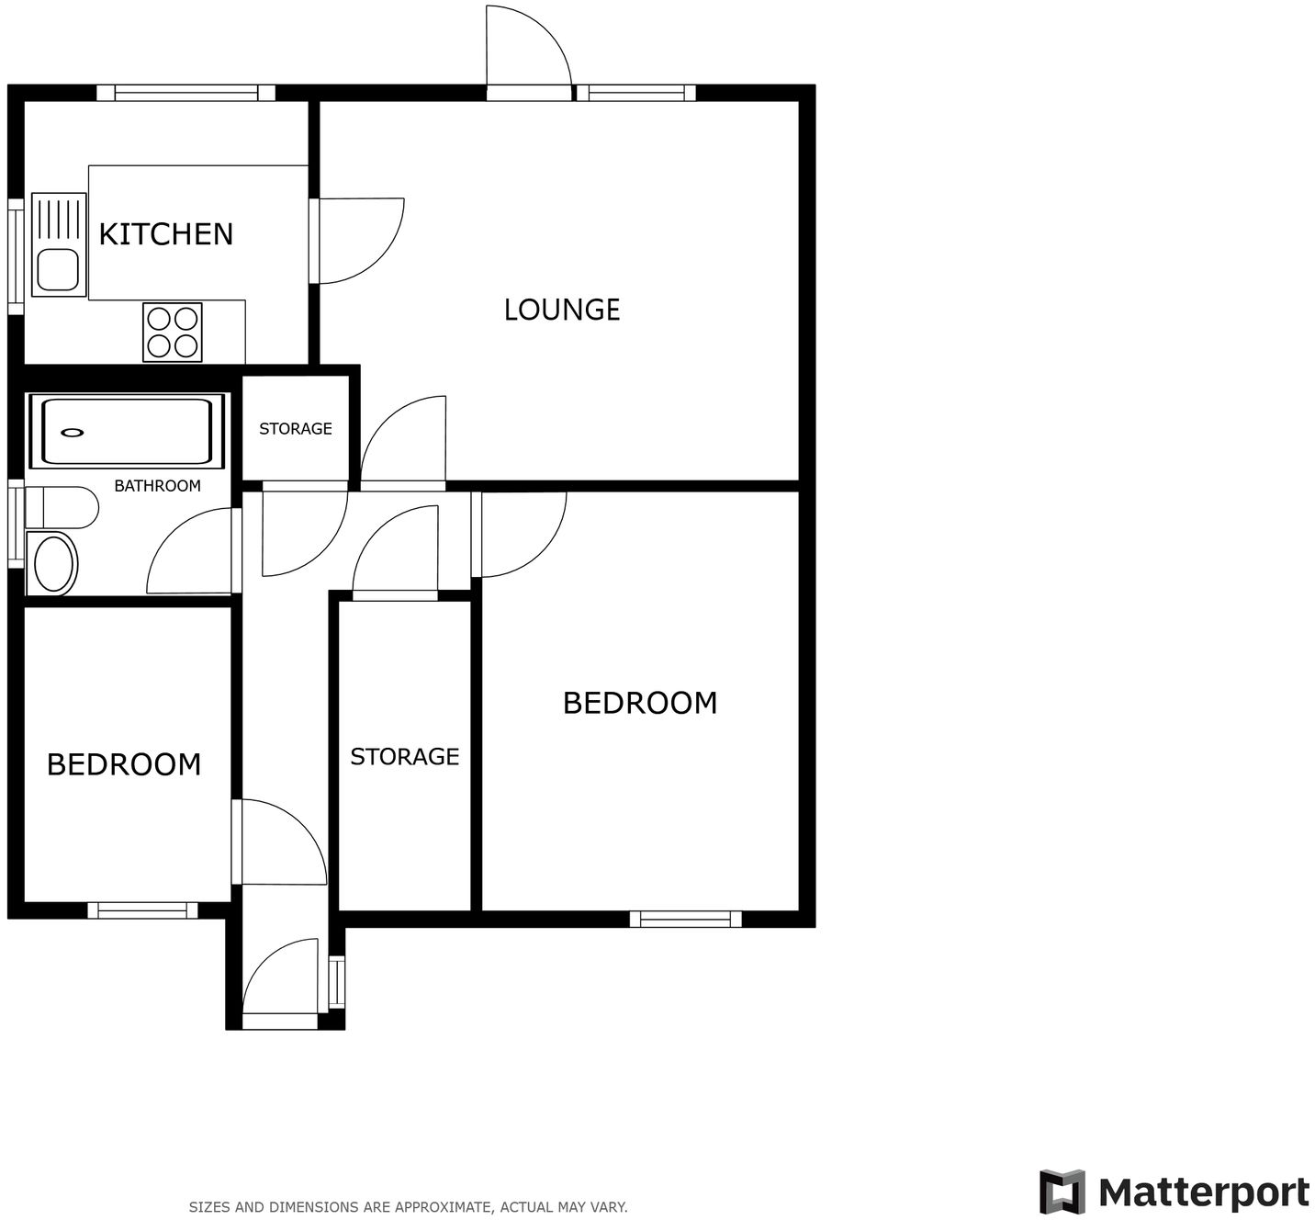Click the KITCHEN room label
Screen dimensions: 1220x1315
tap(165, 234)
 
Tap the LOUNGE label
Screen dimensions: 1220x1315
tap(562, 310)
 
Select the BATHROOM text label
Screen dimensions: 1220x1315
tap(157, 486)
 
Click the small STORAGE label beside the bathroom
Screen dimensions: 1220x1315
tap(295, 429)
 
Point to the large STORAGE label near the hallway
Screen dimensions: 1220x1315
tap(404, 757)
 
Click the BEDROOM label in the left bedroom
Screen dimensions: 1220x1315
tap(124, 764)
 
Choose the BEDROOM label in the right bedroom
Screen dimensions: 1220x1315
tap(640, 703)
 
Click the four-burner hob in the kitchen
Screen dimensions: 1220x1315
tap(173, 332)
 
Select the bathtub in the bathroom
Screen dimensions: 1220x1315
tap(126, 431)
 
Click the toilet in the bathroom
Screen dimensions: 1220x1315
tap(63, 507)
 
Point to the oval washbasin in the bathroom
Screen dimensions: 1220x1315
tap(54, 563)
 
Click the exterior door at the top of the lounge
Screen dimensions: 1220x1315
tap(527, 51)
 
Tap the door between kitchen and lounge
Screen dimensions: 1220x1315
tap(358, 241)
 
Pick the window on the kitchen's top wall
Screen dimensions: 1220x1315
tap(186, 93)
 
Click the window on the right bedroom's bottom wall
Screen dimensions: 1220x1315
tap(685, 919)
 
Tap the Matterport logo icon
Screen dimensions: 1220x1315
tap(1062, 1192)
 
